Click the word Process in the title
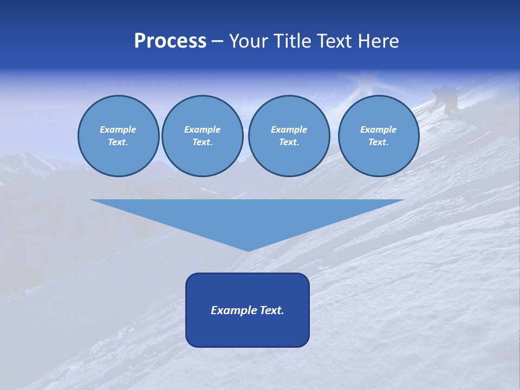170,41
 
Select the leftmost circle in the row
118,136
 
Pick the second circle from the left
202,136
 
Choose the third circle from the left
289,136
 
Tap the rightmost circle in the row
378,136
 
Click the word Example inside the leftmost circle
118,129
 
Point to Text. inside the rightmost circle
378,142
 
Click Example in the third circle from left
289,129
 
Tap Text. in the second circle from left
202,142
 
